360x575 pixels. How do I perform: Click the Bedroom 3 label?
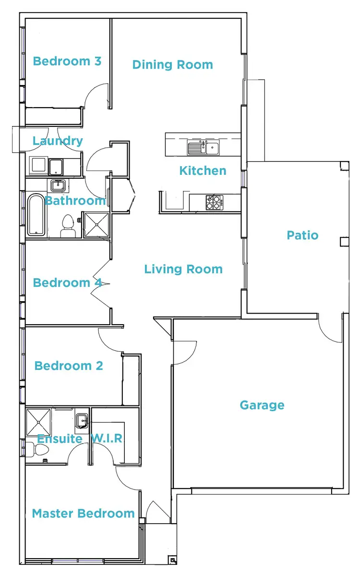(x=67, y=61)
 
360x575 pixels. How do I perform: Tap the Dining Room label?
(x=172, y=65)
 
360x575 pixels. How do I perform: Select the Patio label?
(x=302, y=235)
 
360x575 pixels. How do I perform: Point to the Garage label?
(x=262, y=405)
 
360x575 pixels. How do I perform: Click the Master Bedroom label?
(x=83, y=514)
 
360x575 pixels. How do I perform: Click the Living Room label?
(x=183, y=269)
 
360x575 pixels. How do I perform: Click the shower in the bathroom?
(x=96, y=225)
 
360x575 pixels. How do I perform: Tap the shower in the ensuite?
(x=38, y=421)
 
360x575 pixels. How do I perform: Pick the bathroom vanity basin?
(x=58, y=185)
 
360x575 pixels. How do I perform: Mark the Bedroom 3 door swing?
(x=96, y=95)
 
